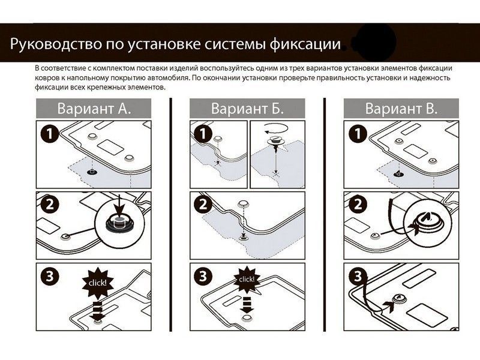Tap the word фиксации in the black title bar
point(306,45)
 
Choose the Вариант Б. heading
point(247,109)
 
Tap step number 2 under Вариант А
point(50,205)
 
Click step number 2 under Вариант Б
point(203,205)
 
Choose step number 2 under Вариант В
point(357,205)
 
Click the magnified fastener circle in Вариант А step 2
point(117,220)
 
